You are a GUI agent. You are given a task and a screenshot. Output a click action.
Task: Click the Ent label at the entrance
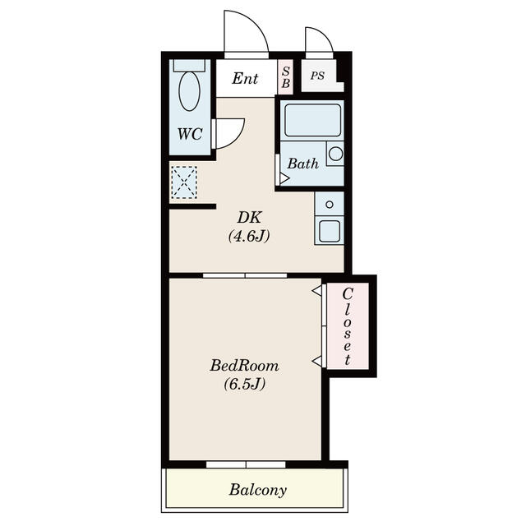click(245, 79)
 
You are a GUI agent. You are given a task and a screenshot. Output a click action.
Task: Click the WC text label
click(191, 135)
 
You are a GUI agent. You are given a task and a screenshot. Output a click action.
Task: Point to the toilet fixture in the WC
click(190, 89)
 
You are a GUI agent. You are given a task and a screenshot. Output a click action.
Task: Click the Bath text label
click(302, 164)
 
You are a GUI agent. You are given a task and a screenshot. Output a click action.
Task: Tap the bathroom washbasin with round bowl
click(335, 153)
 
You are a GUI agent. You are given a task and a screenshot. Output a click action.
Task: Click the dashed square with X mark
click(184, 182)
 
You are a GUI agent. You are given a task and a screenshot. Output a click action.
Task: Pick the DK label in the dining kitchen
click(249, 218)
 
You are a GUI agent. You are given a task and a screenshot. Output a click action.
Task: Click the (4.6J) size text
click(249, 237)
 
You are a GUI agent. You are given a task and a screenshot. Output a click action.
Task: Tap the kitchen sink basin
click(330, 230)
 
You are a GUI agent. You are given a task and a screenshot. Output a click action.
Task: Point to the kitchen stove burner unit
click(330, 203)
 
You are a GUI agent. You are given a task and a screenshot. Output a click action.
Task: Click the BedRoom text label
click(244, 365)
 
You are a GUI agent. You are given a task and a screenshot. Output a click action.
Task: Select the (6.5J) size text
click(244, 384)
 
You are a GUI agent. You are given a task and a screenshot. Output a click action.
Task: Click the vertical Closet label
click(348, 326)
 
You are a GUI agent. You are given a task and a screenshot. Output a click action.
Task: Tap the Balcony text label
click(258, 491)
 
